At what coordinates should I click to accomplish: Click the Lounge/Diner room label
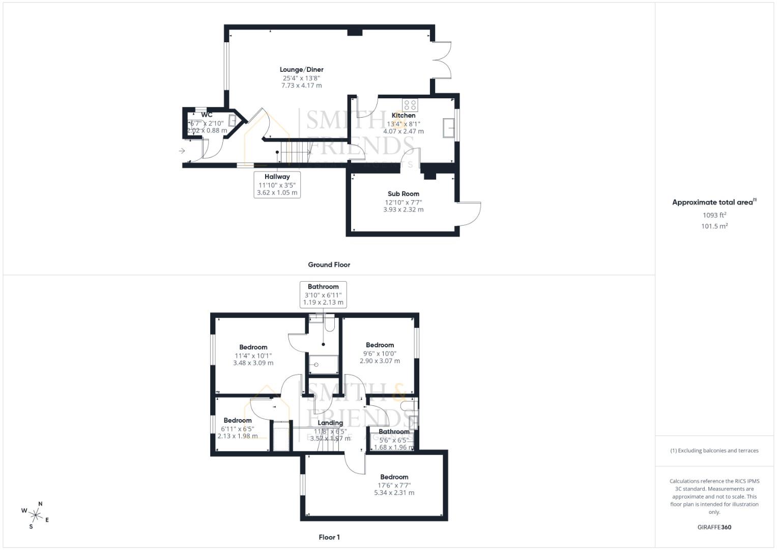[x=301, y=70]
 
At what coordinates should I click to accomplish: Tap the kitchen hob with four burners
[x=410, y=105]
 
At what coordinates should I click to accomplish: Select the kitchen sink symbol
[x=448, y=128]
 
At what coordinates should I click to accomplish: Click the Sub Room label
[x=403, y=194]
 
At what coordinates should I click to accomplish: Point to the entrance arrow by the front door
[x=182, y=151]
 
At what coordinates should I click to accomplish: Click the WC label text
[x=207, y=115]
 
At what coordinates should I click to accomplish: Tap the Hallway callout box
[x=277, y=184]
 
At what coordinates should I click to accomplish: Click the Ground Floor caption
[x=329, y=265]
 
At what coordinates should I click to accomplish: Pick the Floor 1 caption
[x=329, y=537]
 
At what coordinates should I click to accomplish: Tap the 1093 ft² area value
[x=714, y=215]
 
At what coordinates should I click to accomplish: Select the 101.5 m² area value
[x=714, y=226]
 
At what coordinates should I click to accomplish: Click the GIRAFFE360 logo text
[x=714, y=527]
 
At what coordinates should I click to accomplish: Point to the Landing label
[x=330, y=423]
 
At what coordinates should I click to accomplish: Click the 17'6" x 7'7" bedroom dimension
[x=394, y=485]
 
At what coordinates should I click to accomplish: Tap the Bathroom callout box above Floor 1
[x=323, y=294]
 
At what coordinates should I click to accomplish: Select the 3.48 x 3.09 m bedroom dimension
[x=253, y=363]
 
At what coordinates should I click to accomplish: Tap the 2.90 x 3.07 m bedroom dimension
[x=380, y=361]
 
